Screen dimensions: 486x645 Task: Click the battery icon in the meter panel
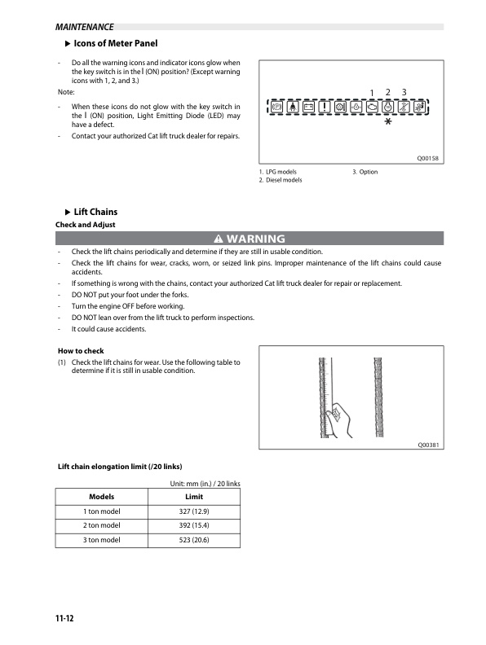tap(308, 107)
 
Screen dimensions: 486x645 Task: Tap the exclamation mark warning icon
tap(325, 107)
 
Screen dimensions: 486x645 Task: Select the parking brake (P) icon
tap(276, 107)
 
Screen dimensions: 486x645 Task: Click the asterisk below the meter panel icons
tap(388, 121)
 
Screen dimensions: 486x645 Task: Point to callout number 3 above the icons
tap(404, 92)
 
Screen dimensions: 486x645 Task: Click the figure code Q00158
tap(428, 158)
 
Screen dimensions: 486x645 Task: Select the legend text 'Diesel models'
tap(284, 180)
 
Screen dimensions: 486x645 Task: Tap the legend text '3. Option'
tap(365, 172)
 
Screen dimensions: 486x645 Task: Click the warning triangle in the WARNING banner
tap(219, 239)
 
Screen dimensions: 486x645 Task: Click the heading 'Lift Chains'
tap(95, 212)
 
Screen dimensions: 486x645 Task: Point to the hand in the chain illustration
tap(340, 419)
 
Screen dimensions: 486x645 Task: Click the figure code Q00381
tap(428, 445)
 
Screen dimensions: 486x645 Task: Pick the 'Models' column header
tap(102, 497)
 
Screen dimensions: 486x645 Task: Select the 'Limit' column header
tap(194, 497)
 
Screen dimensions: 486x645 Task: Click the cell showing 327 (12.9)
tap(194, 511)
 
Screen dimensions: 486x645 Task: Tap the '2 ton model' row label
tap(102, 525)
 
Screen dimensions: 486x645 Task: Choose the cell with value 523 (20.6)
tap(194, 540)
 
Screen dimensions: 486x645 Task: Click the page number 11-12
tap(64, 618)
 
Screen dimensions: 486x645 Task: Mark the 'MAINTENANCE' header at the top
tap(85, 27)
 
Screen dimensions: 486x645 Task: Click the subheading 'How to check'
tap(81, 351)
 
